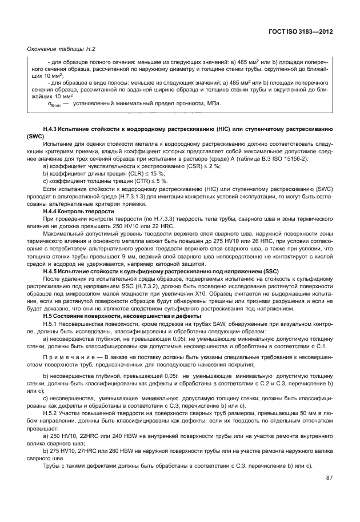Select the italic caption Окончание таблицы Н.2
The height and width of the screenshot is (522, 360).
(61, 50)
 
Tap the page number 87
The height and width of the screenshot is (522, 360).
(329, 478)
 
